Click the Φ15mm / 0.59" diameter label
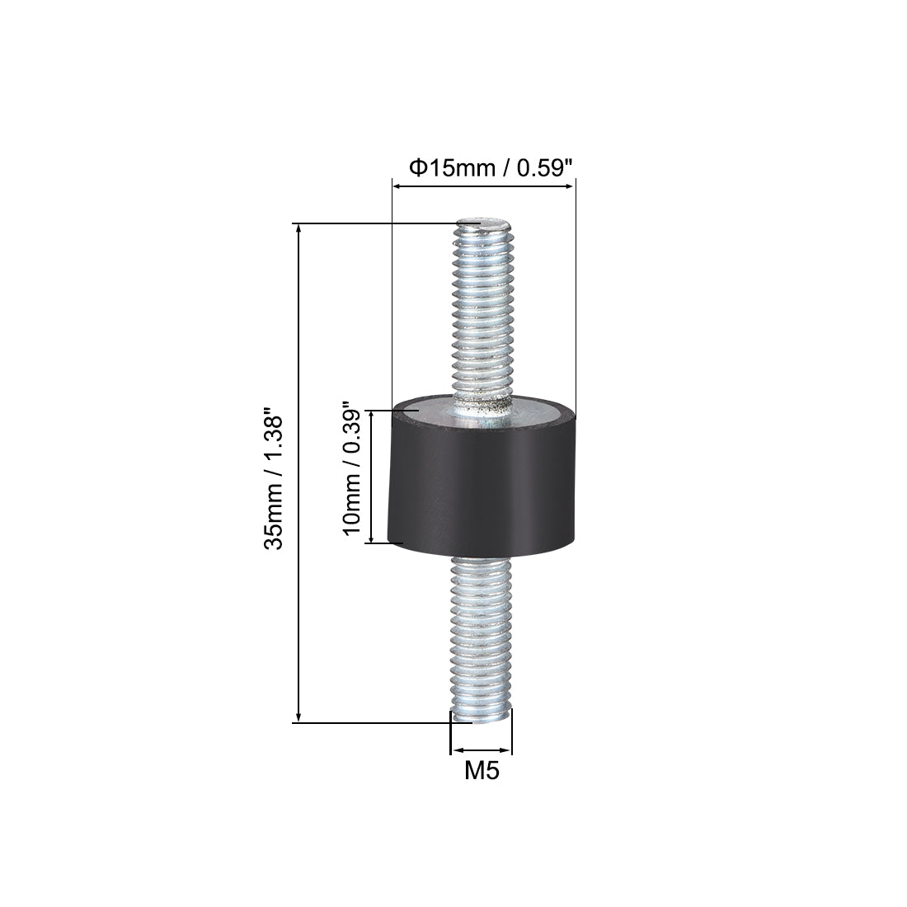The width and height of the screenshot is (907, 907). click(x=491, y=168)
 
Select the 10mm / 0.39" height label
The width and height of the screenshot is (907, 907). click(x=350, y=471)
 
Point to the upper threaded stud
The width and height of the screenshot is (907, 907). click(x=481, y=313)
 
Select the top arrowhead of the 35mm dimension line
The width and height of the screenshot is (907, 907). click(x=298, y=229)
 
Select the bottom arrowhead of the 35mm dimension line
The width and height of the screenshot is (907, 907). click(x=298, y=717)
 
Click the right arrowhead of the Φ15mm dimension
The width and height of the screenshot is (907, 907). click(x=570, y=187)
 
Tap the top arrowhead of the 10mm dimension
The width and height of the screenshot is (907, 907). click(x=369, y=415)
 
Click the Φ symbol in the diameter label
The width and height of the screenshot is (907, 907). click(x=417, y=168)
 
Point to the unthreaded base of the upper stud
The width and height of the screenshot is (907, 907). click(x=481, y=406)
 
